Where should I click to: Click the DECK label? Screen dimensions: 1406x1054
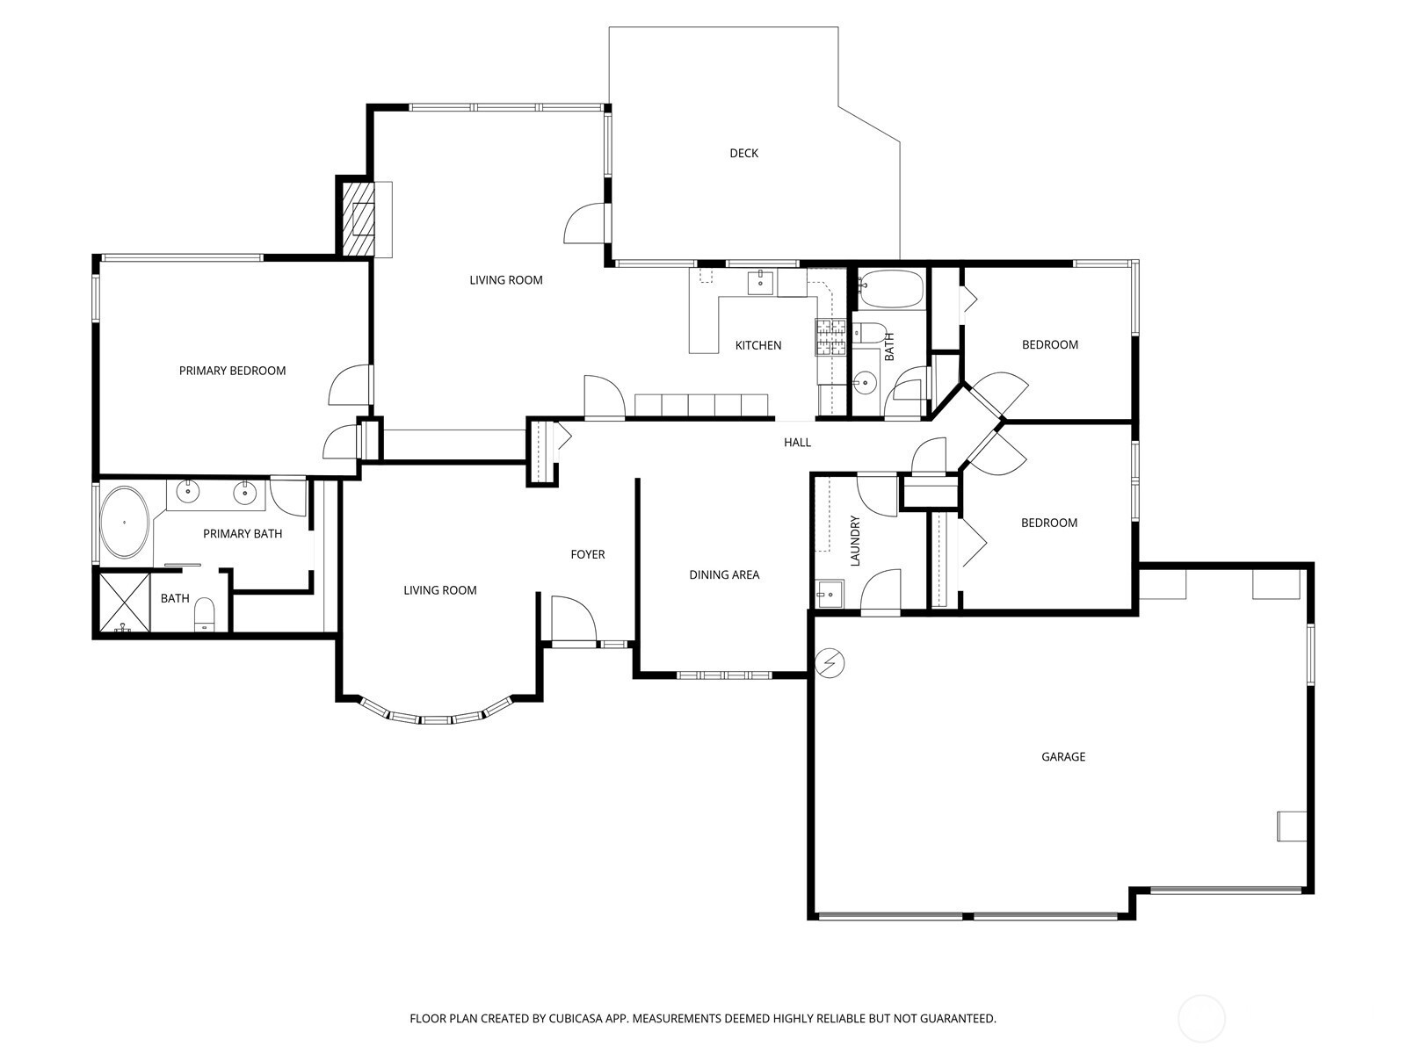click(743, 153)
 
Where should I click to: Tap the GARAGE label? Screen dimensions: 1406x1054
click(1062, 756)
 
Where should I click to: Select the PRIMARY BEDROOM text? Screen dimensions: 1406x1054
click(232, 371)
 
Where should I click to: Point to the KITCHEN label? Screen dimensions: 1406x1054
click(757, 345)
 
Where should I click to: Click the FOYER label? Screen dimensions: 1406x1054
click(587, 554)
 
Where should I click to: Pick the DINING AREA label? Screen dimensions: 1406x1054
click(724, 574)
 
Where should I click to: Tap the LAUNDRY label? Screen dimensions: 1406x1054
click(854, 541)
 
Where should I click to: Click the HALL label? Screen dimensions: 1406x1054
click(797, 442)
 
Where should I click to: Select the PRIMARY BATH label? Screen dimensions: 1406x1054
click(243, 534)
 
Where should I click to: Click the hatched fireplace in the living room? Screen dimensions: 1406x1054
click(358, 219)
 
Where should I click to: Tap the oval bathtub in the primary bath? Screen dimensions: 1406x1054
click(124, 523)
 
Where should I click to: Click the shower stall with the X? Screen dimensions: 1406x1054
click(124, 603)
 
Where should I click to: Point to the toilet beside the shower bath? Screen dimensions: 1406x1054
click(204, 615)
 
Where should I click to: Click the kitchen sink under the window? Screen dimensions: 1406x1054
click(760, 282)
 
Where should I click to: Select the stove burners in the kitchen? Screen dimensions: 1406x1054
click(830, 337)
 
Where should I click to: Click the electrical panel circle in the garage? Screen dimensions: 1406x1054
click(830, 663)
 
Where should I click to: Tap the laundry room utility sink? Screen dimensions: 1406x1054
click(830, 594)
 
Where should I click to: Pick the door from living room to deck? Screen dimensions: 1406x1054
click(584, 223)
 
